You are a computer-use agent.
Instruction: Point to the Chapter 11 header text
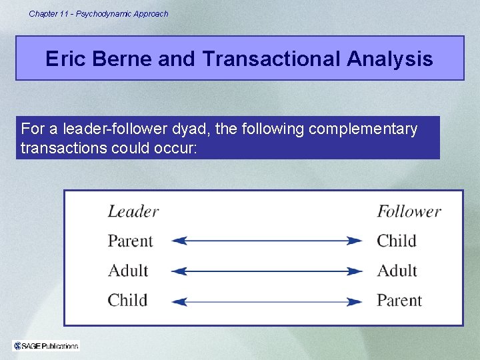coord(99,13)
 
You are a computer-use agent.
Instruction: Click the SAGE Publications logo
coord(46,345)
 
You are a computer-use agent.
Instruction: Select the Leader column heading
coord(133,212)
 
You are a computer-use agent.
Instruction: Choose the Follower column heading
coord(409,212)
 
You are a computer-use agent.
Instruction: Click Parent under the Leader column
coord(131,241)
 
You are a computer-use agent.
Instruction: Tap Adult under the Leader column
coord(128,271)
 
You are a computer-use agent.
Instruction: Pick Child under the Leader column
coord(127,300)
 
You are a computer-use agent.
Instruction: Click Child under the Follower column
coord(397,241)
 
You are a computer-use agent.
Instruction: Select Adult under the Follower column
coord(397,271)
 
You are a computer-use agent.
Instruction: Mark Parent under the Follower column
coord(399,300)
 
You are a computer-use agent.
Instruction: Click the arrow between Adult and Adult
coord(267,271)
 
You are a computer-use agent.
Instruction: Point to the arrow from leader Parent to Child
coord(267,241)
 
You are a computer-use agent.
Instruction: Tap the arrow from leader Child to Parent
coord(267,301)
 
